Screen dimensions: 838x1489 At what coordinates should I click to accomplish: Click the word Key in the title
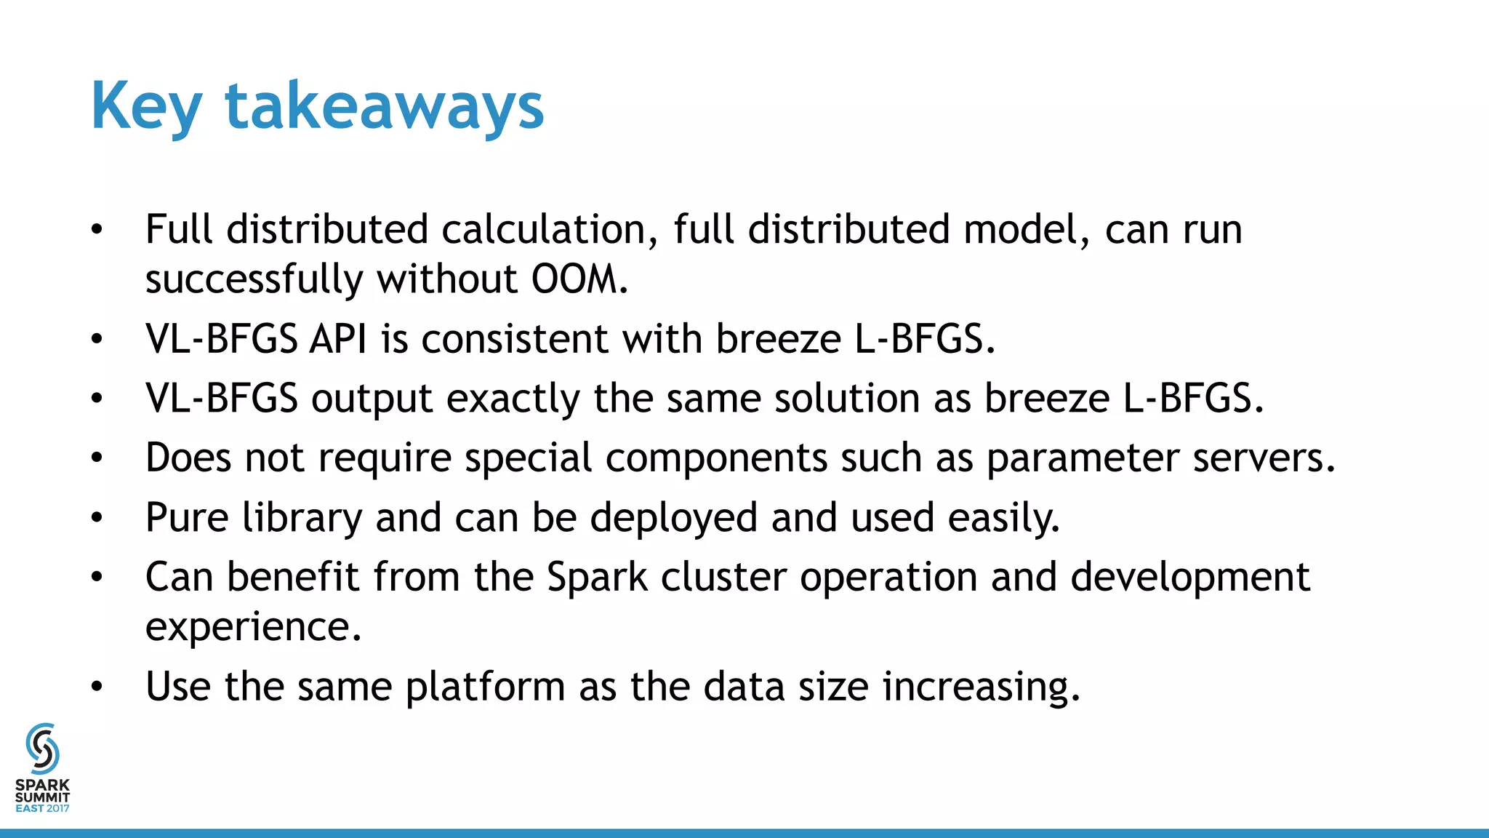pyautogui.click(x=145, y=106)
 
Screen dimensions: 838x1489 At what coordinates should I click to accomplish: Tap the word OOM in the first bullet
pyautogui.click(x=574, y=279)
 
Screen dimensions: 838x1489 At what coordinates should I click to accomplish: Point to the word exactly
pyautogui.click(x=513, y=399)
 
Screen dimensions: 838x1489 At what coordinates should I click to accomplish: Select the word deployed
pyautogui.click(x=673, y=518)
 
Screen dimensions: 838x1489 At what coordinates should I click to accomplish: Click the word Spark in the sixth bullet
pyautogui.click(x=597, y=578)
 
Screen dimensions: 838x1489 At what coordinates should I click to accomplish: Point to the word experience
pyautogui.click(x=252, y=627)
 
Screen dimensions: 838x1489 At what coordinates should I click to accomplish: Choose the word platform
pyautogui.click(x=485, y=687)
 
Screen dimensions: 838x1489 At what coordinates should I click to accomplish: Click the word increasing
pyautogui.click(x=980, y=687)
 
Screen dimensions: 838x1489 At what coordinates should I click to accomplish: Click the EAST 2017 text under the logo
pyautogui.click(x=42, y=808)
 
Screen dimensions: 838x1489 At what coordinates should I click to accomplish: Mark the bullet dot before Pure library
pyautogui.click(x=97, y=519)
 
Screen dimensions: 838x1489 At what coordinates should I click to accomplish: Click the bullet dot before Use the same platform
pyautogui.click(x=97, y=687)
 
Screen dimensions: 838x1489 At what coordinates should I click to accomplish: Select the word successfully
pyautogui.click(x=254, y=279)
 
